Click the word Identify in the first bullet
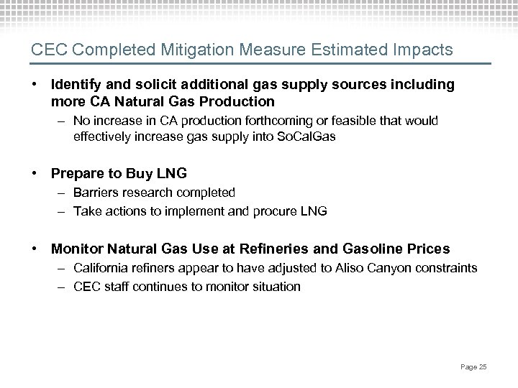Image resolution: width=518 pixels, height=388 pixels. coord(75,86)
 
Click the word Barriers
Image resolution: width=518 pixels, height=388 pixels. coord(96,193)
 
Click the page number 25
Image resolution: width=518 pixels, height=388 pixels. coord(483,367)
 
